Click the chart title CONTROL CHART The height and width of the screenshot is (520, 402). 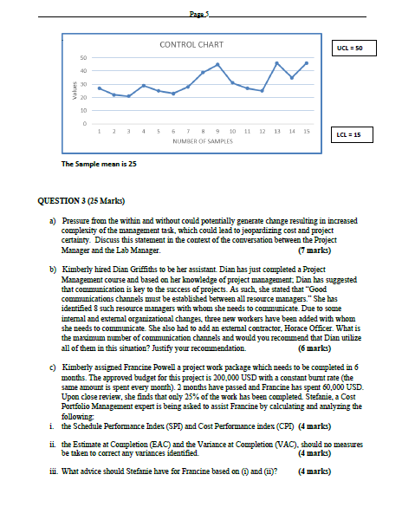click(191, 44)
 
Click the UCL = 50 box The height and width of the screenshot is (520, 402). click(353, 49)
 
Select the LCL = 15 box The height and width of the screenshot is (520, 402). click(353, 135)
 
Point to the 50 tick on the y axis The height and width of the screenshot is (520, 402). click(83, 58)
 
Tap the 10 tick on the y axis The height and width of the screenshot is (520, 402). click(83, 111)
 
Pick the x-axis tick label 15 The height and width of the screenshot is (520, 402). click(307, 131)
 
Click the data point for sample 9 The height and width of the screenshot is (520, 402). click(218, 64)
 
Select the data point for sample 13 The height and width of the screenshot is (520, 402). click(276, 63)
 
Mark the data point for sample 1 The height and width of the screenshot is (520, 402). click(100, 88)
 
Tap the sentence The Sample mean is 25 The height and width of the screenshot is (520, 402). click(99, 163)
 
